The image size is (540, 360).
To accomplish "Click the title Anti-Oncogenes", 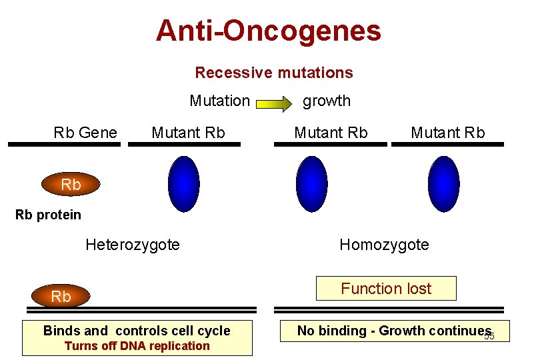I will click(268, 31).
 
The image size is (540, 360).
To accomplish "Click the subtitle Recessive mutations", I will click(273, 73).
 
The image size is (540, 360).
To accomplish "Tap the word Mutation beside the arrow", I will click(219, 101).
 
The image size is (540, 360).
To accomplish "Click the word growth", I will click(327, 101).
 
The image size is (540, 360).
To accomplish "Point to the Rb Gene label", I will click(85, 133).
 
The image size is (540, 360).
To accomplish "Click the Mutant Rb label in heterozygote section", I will click(188, 133).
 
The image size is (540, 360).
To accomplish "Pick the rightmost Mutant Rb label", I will click(447, 133).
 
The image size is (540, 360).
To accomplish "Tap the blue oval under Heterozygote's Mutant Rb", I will click(183, 183).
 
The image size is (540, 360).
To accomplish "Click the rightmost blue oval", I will click(443, 183).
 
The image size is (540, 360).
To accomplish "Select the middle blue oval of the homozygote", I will click(311, 183).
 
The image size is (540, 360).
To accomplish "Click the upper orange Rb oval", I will click(71, 185).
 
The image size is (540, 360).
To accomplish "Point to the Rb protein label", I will click(48, 215).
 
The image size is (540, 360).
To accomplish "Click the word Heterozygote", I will click(133, 245).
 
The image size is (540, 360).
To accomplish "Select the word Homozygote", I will click(384, 245).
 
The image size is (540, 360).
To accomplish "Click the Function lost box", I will click(386, 289).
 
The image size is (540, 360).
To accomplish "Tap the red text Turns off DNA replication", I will click(137, 346).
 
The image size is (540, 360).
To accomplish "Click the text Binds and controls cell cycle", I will click(137, 331).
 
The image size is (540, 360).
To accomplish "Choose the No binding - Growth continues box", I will click(394, 331).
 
